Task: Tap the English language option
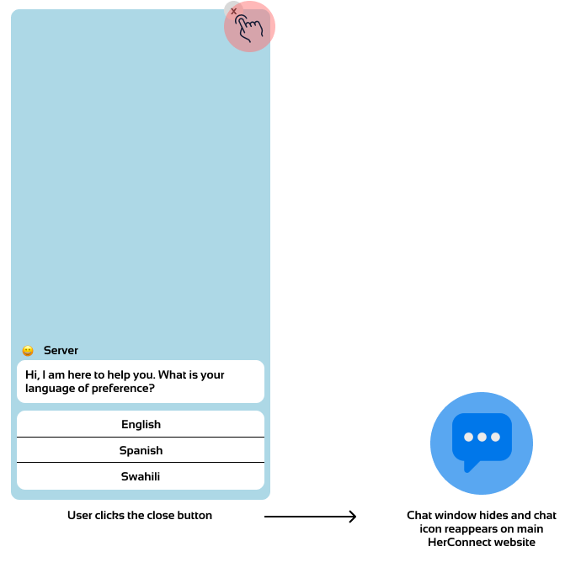point(141,424)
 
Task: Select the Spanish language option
point(141,450)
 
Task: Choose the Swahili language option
point(141,476)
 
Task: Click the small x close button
point(233,11)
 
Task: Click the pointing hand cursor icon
point(249,28)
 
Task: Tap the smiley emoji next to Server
point(28,351)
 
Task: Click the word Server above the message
point(61,350)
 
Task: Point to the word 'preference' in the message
point(124,389)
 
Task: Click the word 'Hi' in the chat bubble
point(31,374)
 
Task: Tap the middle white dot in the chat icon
point(482,437)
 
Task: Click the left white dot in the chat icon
point(468,437)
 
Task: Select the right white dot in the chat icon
point(495,437)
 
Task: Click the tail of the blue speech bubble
point(470,464)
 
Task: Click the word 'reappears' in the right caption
point(462,528)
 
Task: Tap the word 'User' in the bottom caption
point(79,515)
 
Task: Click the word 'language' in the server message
point(48,389)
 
